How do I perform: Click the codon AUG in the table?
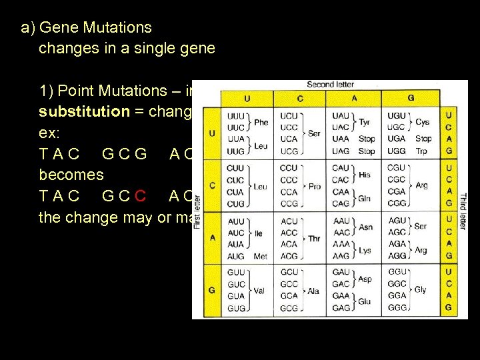(235, 256)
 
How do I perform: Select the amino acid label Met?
(261, 256)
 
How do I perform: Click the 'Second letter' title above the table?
(330, 85)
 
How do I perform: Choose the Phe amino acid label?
(261, 122)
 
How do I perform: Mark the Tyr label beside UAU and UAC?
(365, 122)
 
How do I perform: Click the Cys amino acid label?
(423, 122)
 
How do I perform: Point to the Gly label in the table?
(421, 290)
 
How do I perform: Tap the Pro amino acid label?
(315, 186)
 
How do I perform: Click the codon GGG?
(397, 309)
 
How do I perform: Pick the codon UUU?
(236, 116)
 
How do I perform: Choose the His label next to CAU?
(364, 174)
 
